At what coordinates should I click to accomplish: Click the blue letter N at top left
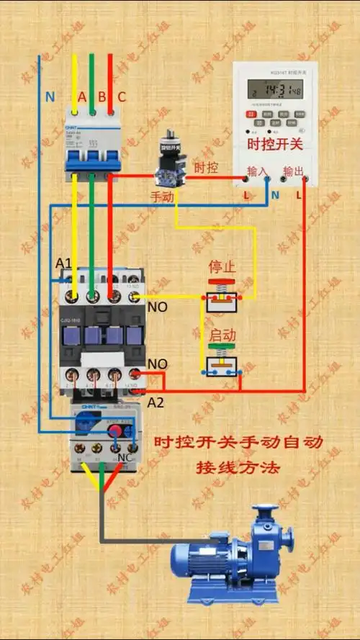(x=50, y=96)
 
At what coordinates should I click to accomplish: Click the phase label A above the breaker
(x=82, y=96)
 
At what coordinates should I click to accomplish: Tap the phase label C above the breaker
(x=121, y=96)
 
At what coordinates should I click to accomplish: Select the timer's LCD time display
(x=274, y=89)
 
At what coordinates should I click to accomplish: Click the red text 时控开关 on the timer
(x=274, y=144)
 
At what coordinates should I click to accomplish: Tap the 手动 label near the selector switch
(x=161, y=197)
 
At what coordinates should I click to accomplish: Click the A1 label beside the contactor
(x=64, y=264)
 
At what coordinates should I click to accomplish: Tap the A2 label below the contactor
(x=156, y=402)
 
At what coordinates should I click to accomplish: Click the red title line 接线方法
(x=238, y=467)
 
